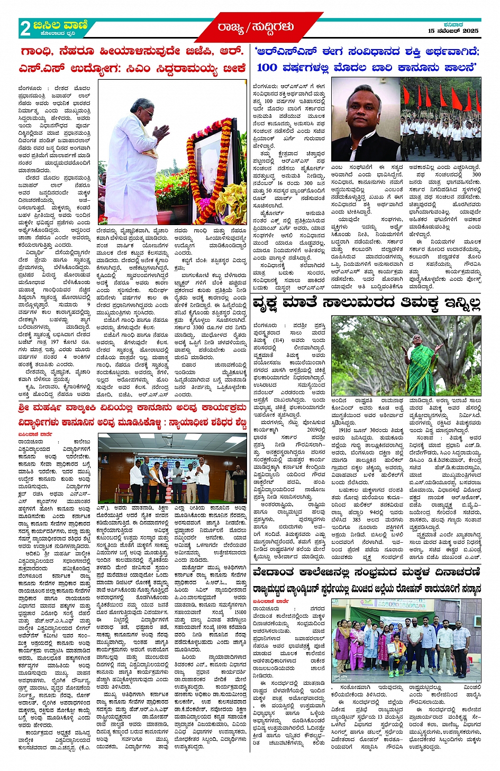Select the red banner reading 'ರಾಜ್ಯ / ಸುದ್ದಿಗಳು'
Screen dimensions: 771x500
coord(256,27)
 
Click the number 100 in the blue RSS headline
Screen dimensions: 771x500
coord(267,68)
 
